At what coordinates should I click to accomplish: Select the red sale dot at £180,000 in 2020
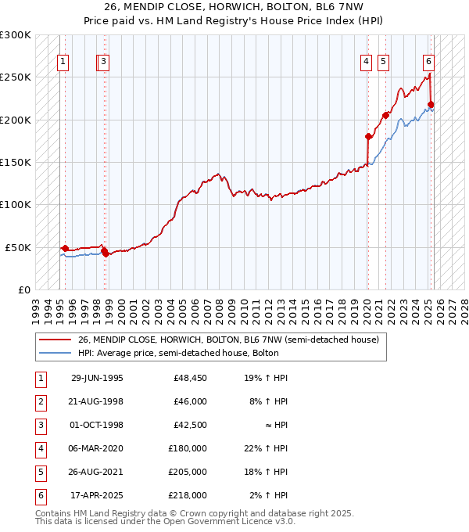click(x=368, y=136)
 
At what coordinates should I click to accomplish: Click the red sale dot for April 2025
click(x=431, y=104)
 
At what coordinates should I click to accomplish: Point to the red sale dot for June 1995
click(x=65, y=248)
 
